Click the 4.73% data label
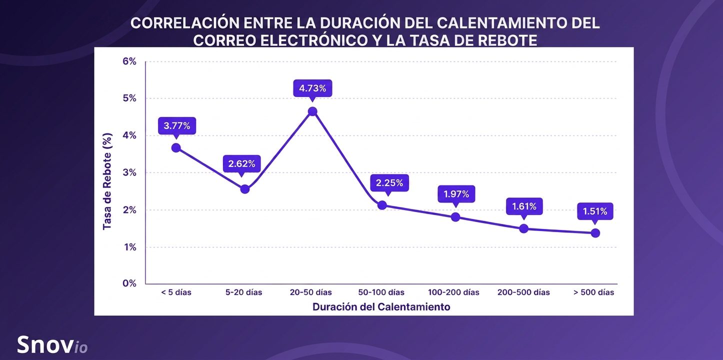312,88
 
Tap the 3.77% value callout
177,125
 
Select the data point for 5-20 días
244,189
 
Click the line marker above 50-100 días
382,205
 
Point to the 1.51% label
595,211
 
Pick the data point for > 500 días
595,233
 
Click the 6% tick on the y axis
129,61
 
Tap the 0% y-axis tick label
129,283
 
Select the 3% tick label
129,172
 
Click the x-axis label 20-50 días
311,292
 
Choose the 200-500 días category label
523,292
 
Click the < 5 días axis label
176,292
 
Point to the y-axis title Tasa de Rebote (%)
107,181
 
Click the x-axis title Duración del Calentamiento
381,306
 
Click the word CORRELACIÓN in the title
185,23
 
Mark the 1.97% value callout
456,193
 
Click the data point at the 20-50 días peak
312,111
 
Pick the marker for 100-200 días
455,217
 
